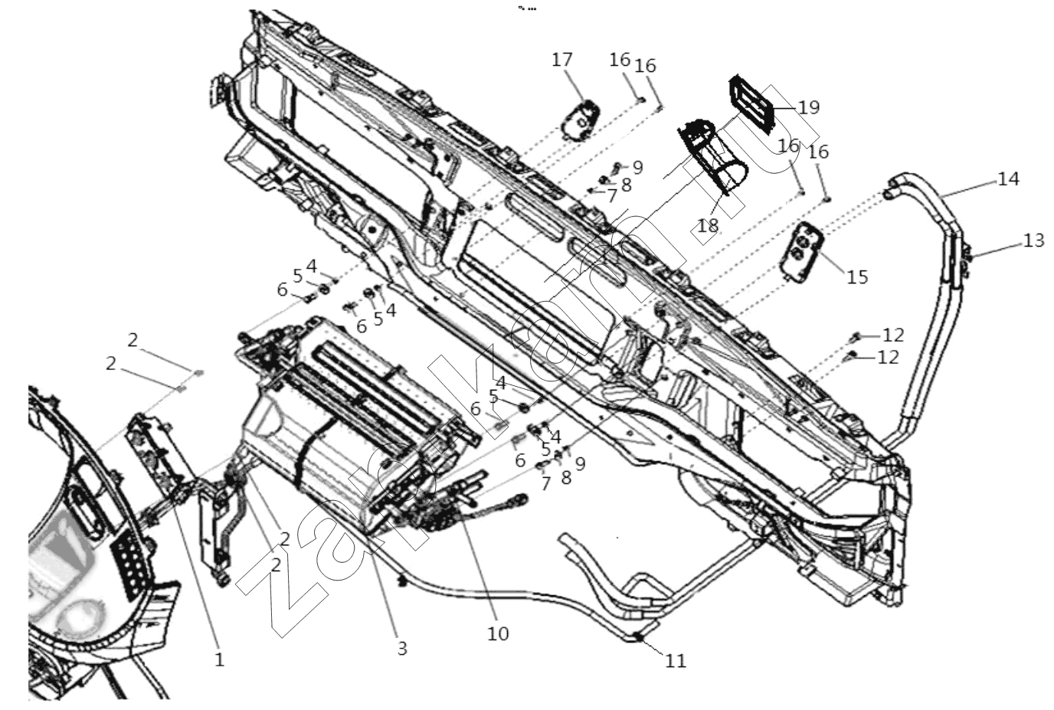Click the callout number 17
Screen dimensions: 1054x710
561,61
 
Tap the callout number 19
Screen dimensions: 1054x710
809,108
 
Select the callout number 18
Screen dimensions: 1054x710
708,226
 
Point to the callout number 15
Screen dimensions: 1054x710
857,276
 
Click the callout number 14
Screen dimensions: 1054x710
1008,179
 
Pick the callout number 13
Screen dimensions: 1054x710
1034,241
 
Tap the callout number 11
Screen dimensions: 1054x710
676,661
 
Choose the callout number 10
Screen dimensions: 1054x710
498,633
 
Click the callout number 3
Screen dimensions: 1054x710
402,649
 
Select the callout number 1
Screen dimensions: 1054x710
219,660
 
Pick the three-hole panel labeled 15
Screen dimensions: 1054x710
802,252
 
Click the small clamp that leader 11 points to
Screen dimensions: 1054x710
639,637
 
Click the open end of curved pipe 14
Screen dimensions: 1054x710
889,193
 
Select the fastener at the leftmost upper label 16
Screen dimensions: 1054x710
640,100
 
